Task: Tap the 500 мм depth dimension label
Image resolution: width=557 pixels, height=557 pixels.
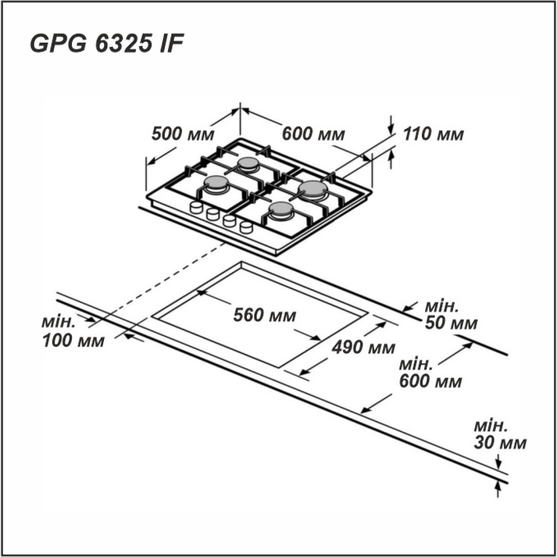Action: click(183, 135)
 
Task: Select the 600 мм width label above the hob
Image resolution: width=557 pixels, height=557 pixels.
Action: click(314, 135)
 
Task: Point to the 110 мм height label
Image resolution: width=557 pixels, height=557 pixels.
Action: click(433, 135)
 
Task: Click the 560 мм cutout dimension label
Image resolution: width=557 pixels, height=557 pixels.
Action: click(265, 316)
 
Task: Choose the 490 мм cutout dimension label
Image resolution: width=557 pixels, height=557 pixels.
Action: click(363, 348)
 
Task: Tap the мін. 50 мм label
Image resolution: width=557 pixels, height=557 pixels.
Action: click(451, 315)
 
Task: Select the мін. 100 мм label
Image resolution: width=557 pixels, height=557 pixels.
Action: click(73, 333)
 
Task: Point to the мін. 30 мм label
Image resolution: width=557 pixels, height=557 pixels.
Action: click(500, 436)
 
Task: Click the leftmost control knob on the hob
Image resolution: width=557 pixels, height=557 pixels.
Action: click(196, 207)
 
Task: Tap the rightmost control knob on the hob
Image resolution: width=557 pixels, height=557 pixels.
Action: click(246, 227)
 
